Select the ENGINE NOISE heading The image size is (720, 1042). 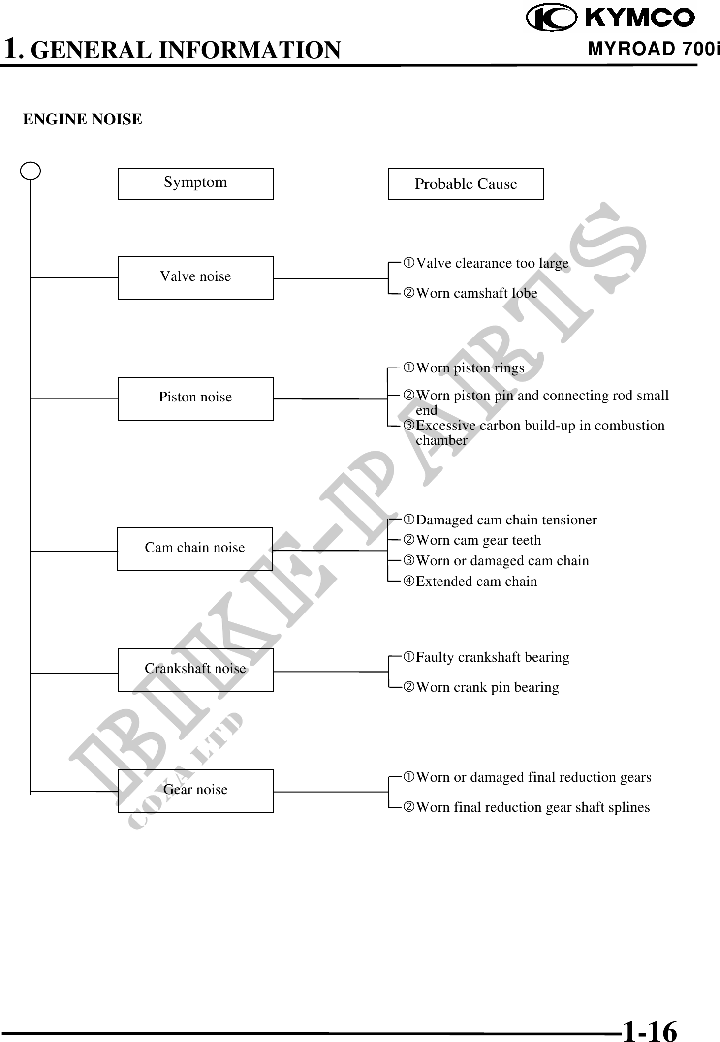pos(83,119)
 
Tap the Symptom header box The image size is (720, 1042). pos(195,184)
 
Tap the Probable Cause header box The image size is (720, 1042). pos(466,184)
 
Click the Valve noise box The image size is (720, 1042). pos(195,278)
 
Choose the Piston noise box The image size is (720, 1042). pos(195,398)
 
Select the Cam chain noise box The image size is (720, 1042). pos(195,549)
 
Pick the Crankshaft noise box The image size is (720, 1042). pos(195,670)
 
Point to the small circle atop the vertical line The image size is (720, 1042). pos(31,171)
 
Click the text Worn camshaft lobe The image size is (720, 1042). pos(476,293)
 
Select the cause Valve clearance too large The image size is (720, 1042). pos(492,263)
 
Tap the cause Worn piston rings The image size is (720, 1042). pos(470,368)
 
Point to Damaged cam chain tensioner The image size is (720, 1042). pos(506,520)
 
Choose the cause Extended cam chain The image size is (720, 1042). pos(476,582)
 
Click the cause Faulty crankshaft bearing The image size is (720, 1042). pos(492,657)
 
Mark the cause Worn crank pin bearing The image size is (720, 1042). pos(487,687)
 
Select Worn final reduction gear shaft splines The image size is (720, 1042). pos(532,807)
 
